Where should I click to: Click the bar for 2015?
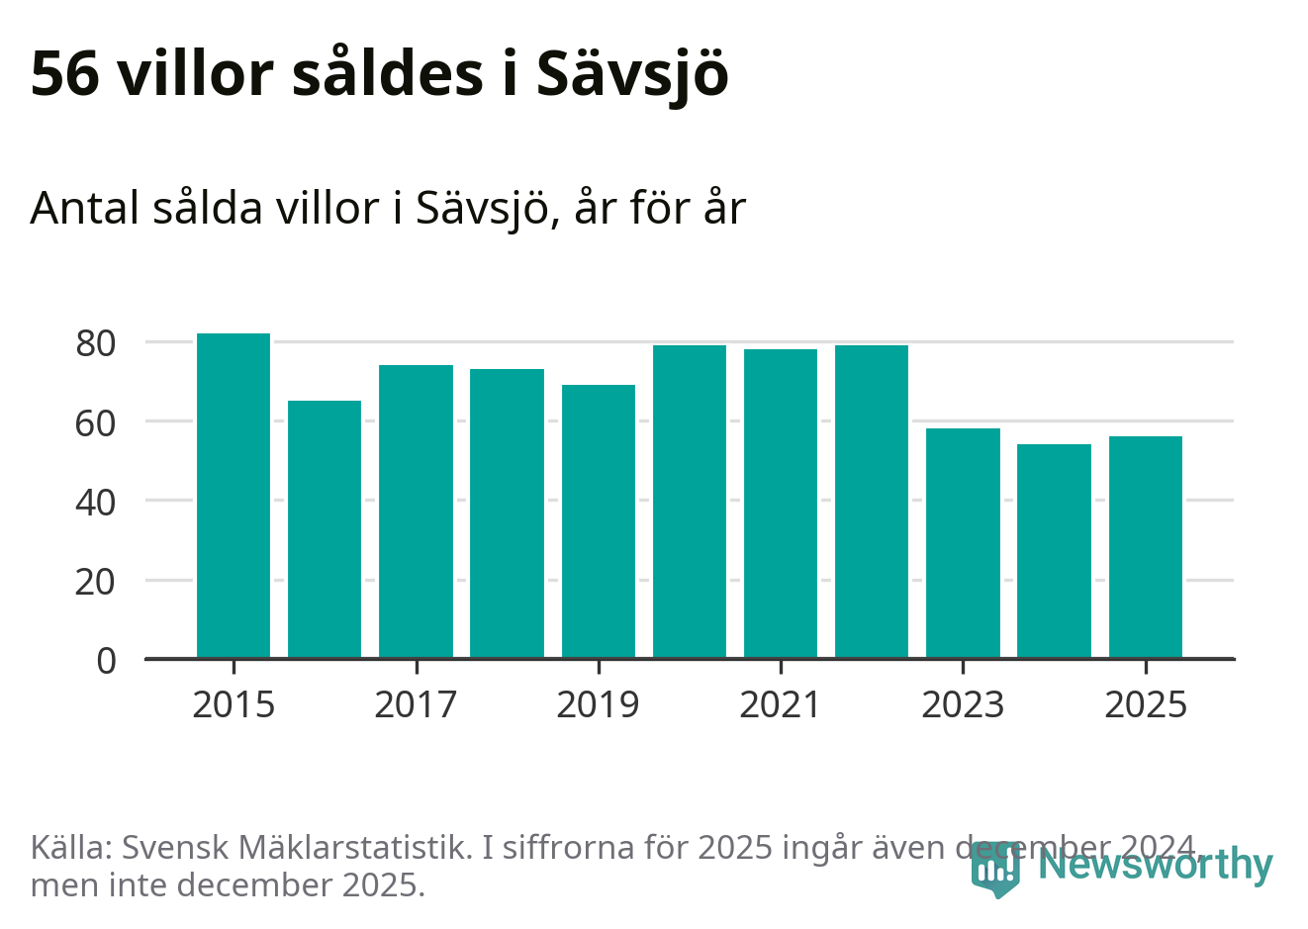(x=234, y=496)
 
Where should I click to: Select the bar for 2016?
(x=325, y=529)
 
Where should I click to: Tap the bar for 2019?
(x=599, y=521)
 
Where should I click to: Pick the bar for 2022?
(x=872, y=502)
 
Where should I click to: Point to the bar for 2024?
(x=1054, y=551)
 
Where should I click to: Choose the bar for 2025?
(x=1145, y=547)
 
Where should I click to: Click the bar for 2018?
(x=507, y=513)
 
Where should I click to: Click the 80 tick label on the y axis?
(x=96, y=343)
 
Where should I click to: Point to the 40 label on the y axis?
(x=96, y=502)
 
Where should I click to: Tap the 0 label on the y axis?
(x=107, y=660)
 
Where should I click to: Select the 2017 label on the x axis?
(x=416, y=704)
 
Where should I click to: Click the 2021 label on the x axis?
(x=781, y=704)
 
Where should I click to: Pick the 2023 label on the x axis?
(x=963, y=704)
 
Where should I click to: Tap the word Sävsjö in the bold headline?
(x=633, y=75)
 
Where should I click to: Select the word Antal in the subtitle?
(x=86, y=208)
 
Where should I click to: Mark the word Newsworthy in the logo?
(x=1156, y=865)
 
